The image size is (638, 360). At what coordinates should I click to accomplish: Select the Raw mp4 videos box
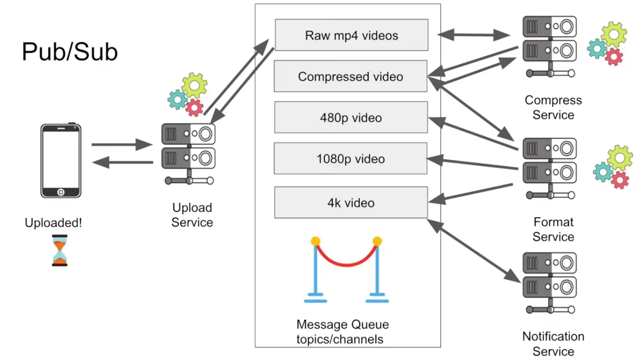point(351,35)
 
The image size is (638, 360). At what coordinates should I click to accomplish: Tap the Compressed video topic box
point(351,76)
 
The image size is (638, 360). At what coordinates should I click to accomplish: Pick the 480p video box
point(351,117)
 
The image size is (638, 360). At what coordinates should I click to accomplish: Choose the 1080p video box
point(351,158)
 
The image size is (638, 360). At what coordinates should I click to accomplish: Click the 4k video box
point(351,203)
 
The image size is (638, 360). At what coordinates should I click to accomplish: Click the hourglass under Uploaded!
point(60,249)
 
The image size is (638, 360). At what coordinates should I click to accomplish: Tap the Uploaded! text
point(53,222)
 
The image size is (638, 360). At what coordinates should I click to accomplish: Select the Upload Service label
point(192,215)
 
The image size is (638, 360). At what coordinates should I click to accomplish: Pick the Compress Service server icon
point(550,46)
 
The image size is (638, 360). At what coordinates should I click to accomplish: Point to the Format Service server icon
point(550,168)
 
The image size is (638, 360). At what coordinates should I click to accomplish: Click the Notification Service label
point(553,344)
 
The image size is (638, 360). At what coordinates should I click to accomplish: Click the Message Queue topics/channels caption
point(342,332)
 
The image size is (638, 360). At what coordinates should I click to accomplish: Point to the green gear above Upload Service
point(194,85)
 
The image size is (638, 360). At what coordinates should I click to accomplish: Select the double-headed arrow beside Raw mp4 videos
point(473,34)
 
